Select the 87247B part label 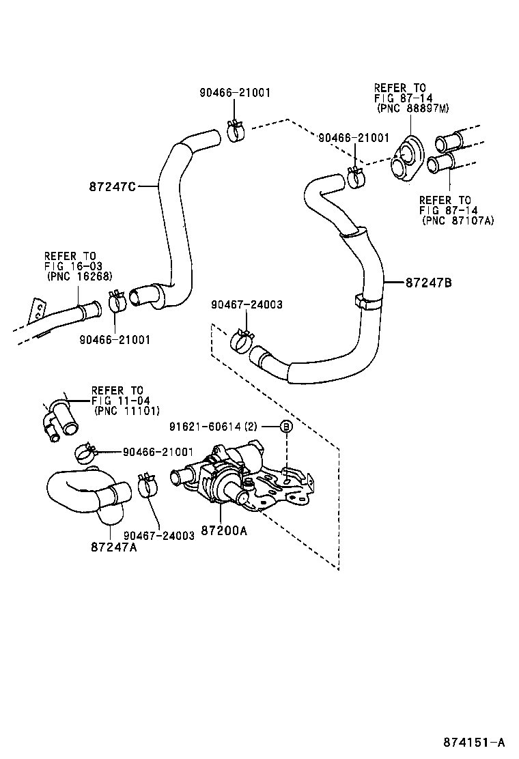(428, 281)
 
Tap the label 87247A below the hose (113, 547)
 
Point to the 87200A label (223, 530)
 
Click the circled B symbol (287, 427)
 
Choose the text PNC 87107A (457, 220)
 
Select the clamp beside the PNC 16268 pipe (115, 302)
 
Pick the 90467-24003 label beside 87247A (159, 536)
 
